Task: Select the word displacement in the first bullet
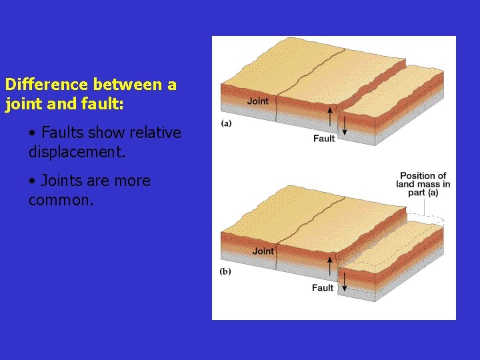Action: click(75, 152)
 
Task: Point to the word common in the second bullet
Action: click(59, 200)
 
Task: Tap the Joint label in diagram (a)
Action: click(258, 101)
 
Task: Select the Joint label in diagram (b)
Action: click(263, 251)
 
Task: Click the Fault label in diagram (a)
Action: click(324, 139)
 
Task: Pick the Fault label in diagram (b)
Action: click(323, 288)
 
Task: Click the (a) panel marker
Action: click(227, 123)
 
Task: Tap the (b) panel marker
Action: click(226, 272)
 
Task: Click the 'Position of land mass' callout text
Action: click(423, 184)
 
